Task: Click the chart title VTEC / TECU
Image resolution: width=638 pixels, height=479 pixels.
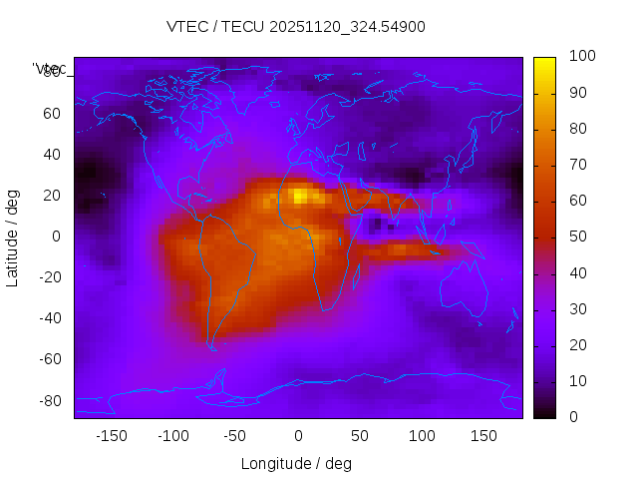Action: pyautogui.click(x=296, y=27)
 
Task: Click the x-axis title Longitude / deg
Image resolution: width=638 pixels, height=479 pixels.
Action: pyautogui.click(x=296, y=463)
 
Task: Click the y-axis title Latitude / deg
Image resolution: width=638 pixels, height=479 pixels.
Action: pyautogui.click(x=13, y=237)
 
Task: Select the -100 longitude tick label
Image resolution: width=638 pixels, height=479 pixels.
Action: pyautogui.click(x=172, y=436)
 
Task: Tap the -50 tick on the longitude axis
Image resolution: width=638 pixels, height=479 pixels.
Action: pyautogui.click(x=235, y=436)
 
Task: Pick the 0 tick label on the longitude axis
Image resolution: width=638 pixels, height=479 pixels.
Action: pyautogui.click(x=297, y=436)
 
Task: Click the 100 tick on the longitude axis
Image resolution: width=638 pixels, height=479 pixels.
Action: pyautogui.click(x=422, y=436)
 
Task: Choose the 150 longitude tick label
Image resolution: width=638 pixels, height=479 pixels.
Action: pyautogui.click(x=483, y=436)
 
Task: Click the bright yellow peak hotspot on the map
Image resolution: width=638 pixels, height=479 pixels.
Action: pyautogui.click(x=299, y=196)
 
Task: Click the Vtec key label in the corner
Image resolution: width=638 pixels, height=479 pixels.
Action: pyautogui.click(x=51, y=69)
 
